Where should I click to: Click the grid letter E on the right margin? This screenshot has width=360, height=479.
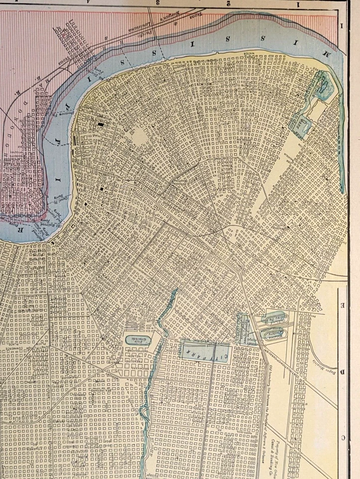point(342,303)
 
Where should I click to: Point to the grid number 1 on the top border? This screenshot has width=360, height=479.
point(301,4)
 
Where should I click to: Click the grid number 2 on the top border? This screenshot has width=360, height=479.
point(229,4)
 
